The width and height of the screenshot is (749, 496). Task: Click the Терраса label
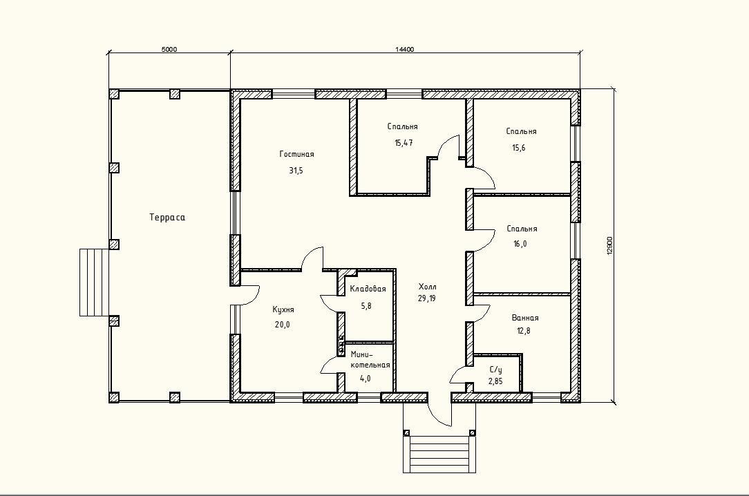point(167,217)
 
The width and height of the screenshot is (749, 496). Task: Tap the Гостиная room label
point(296,154)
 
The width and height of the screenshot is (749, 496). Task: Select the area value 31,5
point(296,171)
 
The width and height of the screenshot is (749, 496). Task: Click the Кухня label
point(283,309)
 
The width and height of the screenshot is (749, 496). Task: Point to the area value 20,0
point(283,325)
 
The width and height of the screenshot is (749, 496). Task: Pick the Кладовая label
point(368,289)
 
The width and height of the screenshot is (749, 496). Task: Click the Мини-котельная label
point(370,359)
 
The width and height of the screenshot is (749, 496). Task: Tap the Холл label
point(428,287)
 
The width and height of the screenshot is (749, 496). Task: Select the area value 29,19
point(426,298)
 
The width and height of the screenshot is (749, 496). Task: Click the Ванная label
point(525,318)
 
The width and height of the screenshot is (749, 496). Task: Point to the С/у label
point(496,370)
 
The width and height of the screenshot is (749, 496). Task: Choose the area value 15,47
point(404,143)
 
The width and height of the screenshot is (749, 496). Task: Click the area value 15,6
point(519,148)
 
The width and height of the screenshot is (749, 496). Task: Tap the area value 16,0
point(520,244)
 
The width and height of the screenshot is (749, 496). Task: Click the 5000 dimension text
point(169,49)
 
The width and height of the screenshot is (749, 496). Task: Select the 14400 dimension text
point(405,49)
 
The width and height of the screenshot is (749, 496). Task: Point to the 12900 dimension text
point(609,245)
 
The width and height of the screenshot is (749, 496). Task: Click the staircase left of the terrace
point(95,282)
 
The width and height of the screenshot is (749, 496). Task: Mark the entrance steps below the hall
point(439,454)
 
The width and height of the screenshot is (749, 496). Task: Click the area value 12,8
point(524,330)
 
